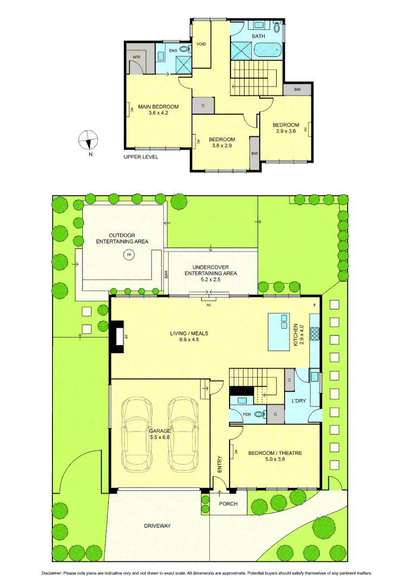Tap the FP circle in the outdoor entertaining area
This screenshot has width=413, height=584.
tap(129, 254)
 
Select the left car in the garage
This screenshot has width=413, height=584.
tap(136, 434)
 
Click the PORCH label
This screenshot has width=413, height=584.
tap(228, 504)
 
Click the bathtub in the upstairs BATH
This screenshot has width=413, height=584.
tap(268, 50)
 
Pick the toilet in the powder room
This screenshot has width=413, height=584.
tap(260, 415)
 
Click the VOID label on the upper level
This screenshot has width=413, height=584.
tap(201, 44)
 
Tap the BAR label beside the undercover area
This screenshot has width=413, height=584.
tap(167, 274)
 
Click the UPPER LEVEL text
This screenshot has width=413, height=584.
tap(141, 157)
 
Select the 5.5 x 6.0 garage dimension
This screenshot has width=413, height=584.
tap(160, 437)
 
